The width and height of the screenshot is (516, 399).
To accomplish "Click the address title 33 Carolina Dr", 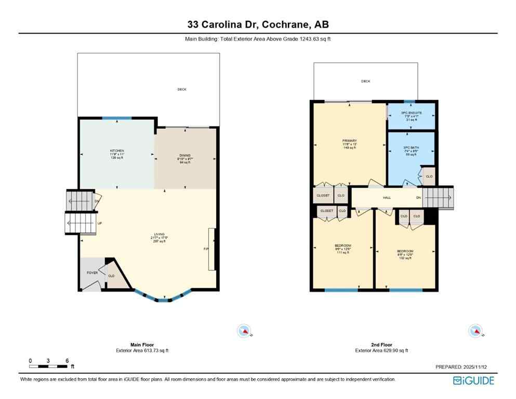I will click(258, 24).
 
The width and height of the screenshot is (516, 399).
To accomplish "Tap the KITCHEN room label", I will click(116, 151).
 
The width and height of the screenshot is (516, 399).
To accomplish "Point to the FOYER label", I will click(92, 272).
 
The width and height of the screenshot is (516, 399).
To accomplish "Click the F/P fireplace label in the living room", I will click(206, 248).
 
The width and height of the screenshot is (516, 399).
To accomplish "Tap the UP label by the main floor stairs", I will click(100, 223).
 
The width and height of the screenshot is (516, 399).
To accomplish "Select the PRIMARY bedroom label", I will click(349, 140).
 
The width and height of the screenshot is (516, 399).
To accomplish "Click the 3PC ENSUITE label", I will click(411, 113).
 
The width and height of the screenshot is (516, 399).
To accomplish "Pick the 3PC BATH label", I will click(411, 148).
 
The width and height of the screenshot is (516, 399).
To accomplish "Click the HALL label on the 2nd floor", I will click(387, 197).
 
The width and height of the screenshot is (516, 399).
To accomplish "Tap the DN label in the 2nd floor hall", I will click(418, 197).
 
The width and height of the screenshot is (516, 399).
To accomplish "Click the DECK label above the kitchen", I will click(181, 89).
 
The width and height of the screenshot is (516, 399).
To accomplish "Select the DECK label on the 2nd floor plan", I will click(365, 81).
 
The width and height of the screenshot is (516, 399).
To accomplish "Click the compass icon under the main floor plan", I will click(243, 330).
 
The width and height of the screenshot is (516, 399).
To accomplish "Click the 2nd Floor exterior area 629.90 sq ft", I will click(381, 351).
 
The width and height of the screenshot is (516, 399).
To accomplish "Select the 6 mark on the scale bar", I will click(68, 361).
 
